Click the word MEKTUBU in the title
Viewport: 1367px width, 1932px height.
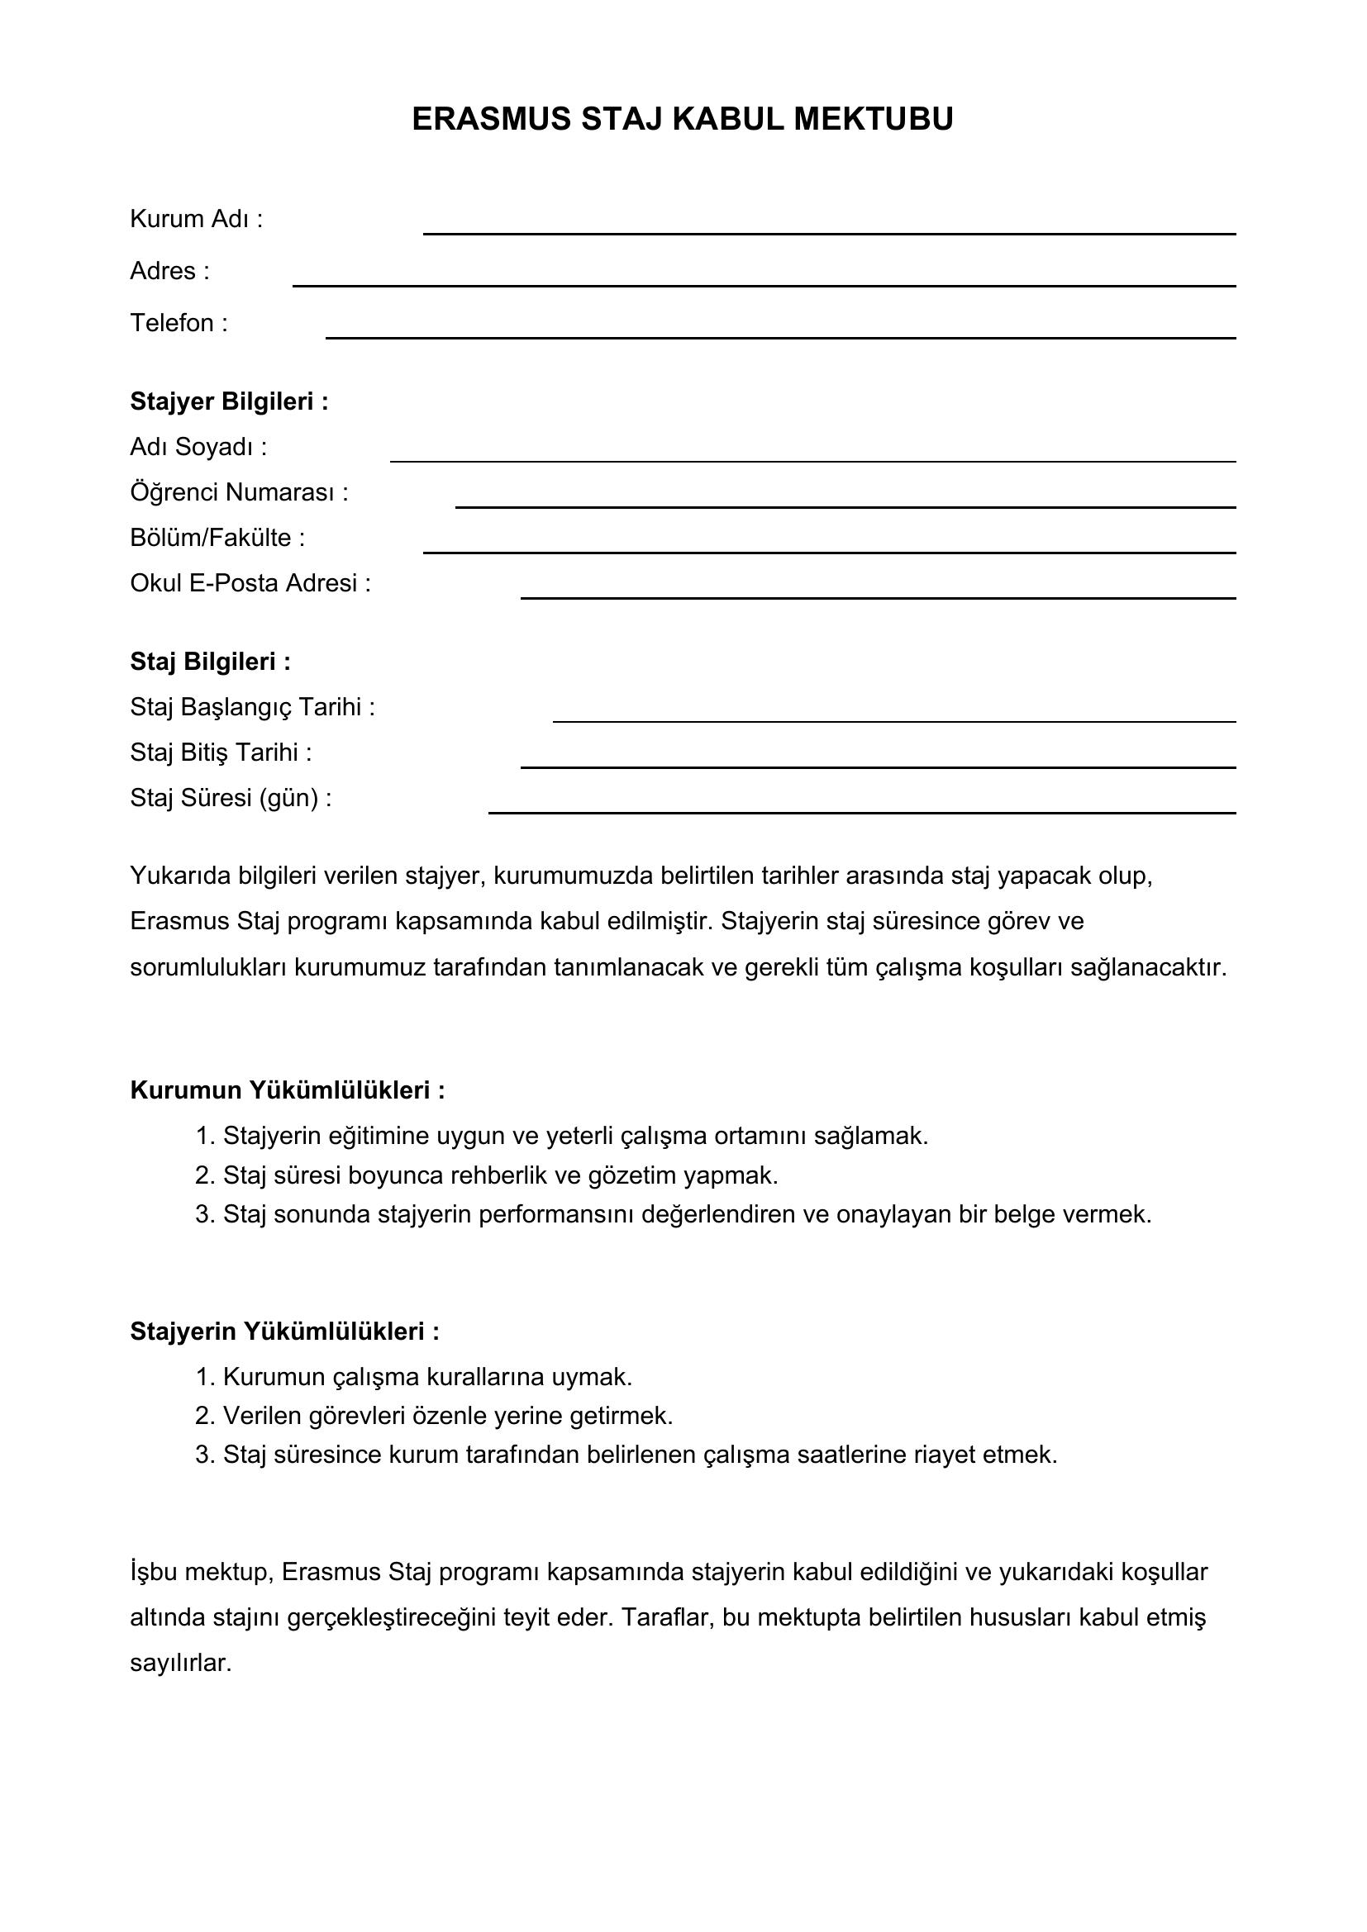873,120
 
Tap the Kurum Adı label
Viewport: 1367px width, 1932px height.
196,220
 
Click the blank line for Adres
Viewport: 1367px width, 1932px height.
764,284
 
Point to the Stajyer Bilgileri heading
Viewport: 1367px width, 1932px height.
229,402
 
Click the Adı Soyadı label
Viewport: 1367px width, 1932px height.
198,448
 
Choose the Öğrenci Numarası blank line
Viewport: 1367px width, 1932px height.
845,506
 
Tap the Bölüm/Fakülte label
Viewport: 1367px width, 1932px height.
217,538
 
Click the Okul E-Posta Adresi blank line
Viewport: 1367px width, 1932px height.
878,596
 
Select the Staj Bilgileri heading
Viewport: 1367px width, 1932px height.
211,662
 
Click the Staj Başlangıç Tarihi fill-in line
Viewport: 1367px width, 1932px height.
894,720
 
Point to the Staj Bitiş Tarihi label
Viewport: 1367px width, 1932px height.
221,752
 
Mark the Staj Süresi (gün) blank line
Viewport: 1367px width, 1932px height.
862,811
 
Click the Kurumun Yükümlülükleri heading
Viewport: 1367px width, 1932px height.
287,1090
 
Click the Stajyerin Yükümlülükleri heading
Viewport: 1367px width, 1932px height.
284,1332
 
